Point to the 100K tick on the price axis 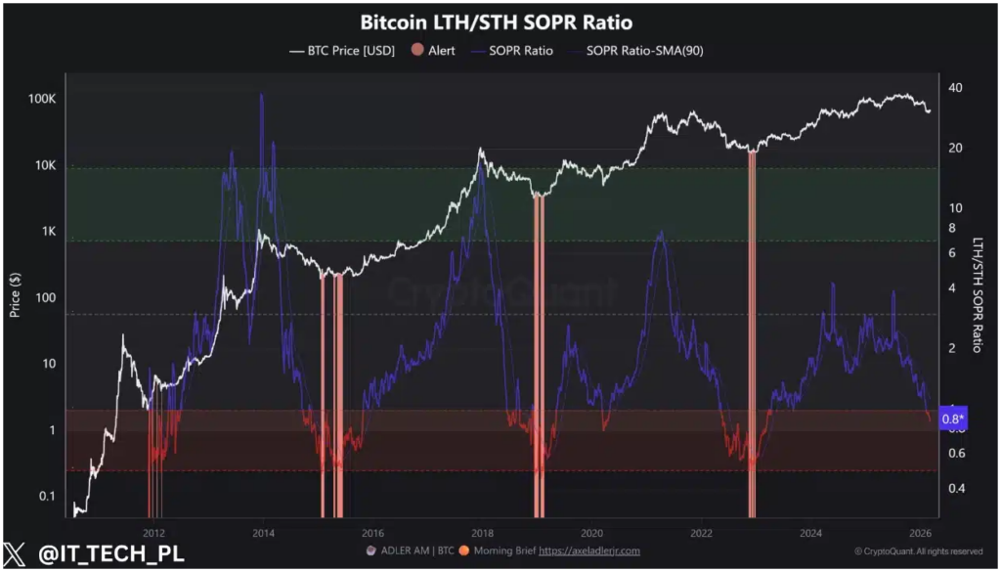42,100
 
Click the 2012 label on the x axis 153,533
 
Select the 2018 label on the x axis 482,533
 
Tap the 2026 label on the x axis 920,533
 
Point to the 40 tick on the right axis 956,88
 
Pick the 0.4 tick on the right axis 958,488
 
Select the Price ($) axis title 15,294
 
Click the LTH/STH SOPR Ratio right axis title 978,294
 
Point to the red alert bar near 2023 752,332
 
